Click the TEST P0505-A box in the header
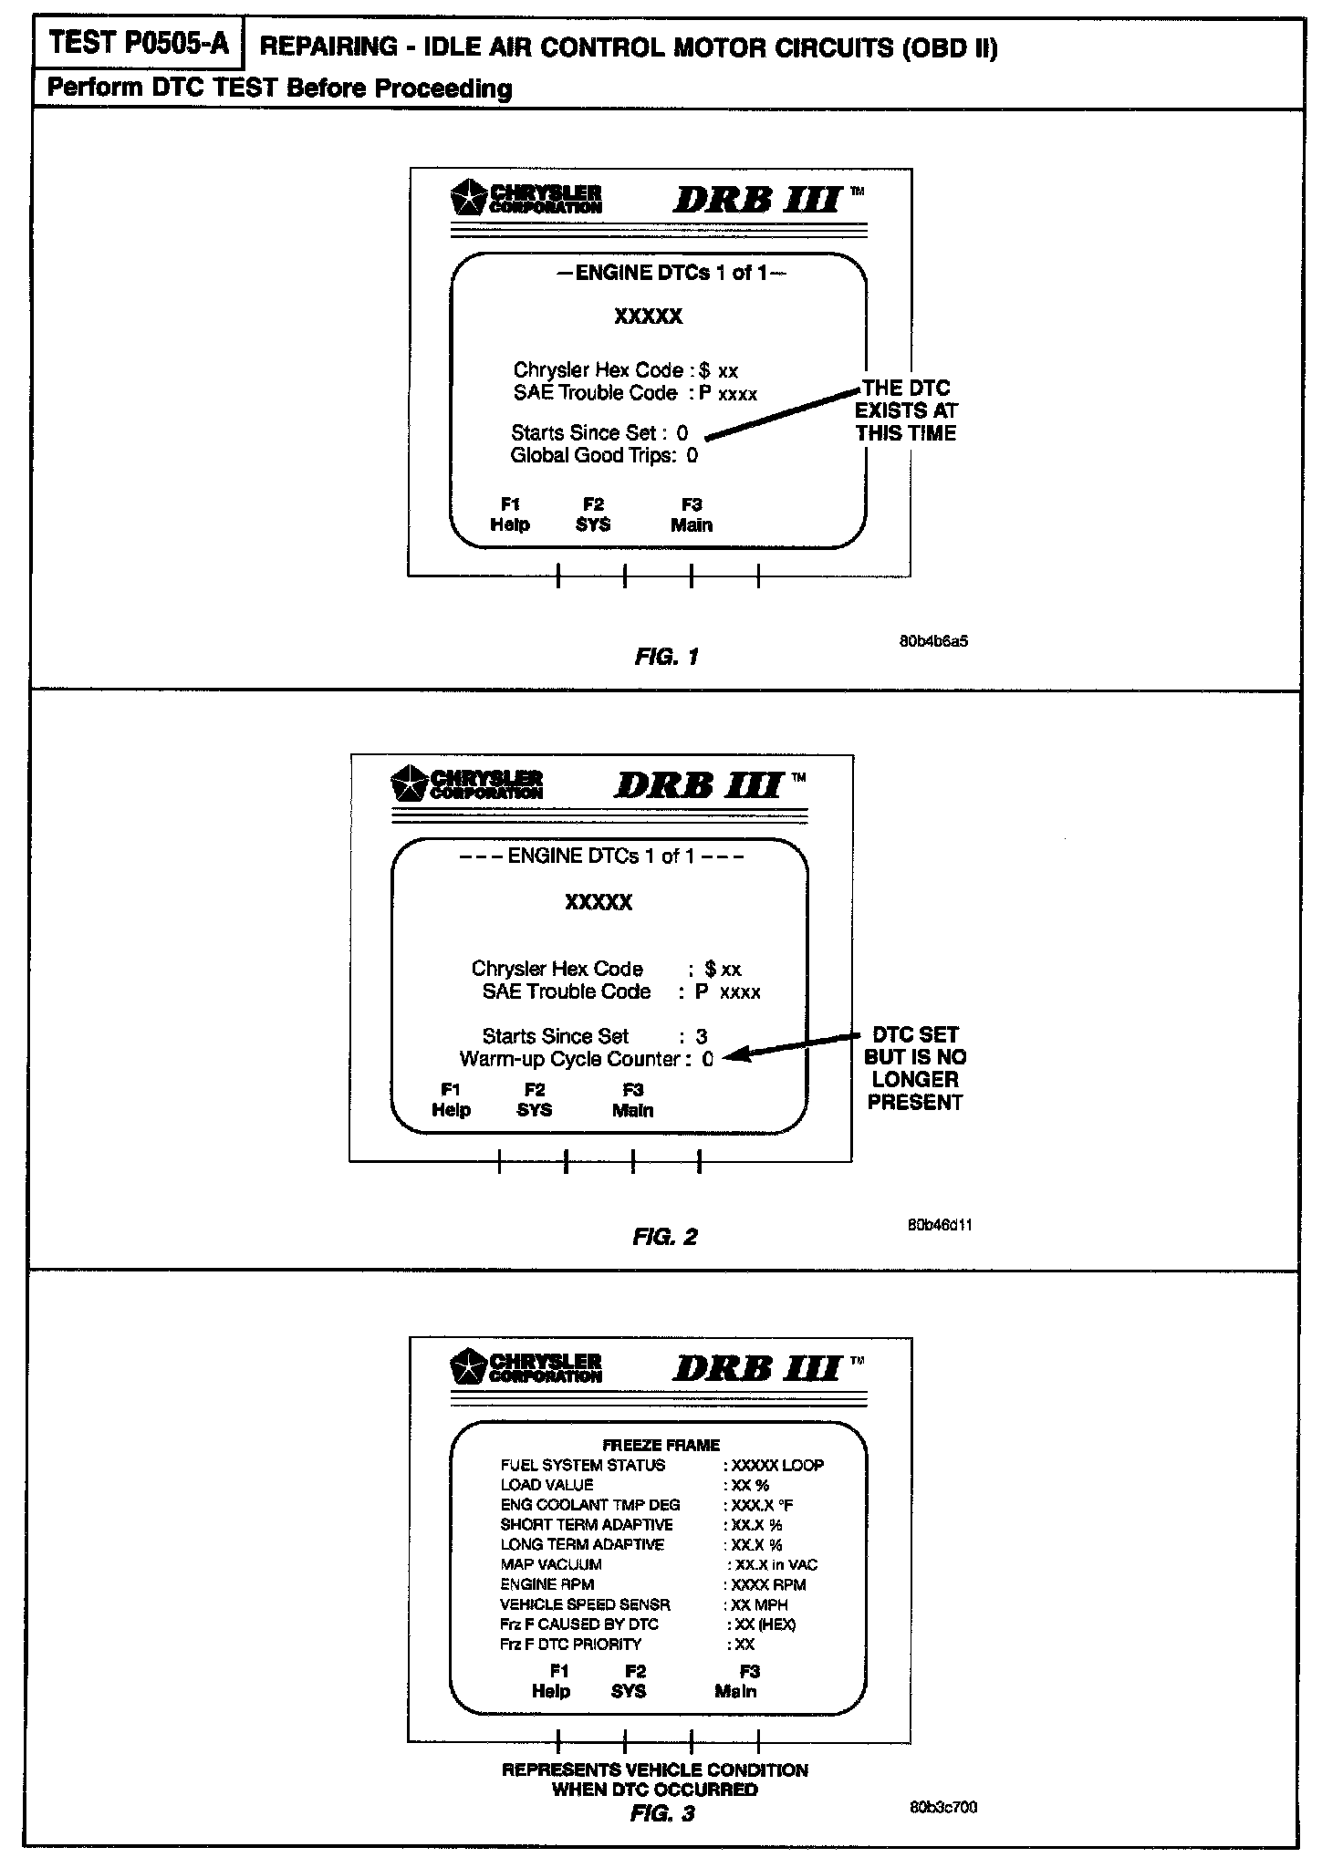point(139,44)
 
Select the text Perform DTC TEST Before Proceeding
point(279,88)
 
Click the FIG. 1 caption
point(667,657)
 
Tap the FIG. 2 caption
point(665,1237)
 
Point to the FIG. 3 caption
point(662,1813)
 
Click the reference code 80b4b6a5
point(933,641)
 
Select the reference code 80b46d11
point(940,1225)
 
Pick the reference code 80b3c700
point(942,1807)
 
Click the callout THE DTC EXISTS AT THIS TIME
point(906,410)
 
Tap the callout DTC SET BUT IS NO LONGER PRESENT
point(915,1068)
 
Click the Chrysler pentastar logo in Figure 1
point(470,198)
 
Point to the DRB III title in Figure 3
point(757,1368)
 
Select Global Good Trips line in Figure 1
point(603,455)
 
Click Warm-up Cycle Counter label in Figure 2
point(570,1059)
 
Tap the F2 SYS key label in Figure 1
point(593,514)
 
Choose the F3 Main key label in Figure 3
point(737,1681)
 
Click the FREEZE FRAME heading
point(661,1445)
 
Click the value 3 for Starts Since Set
point(701,1036)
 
